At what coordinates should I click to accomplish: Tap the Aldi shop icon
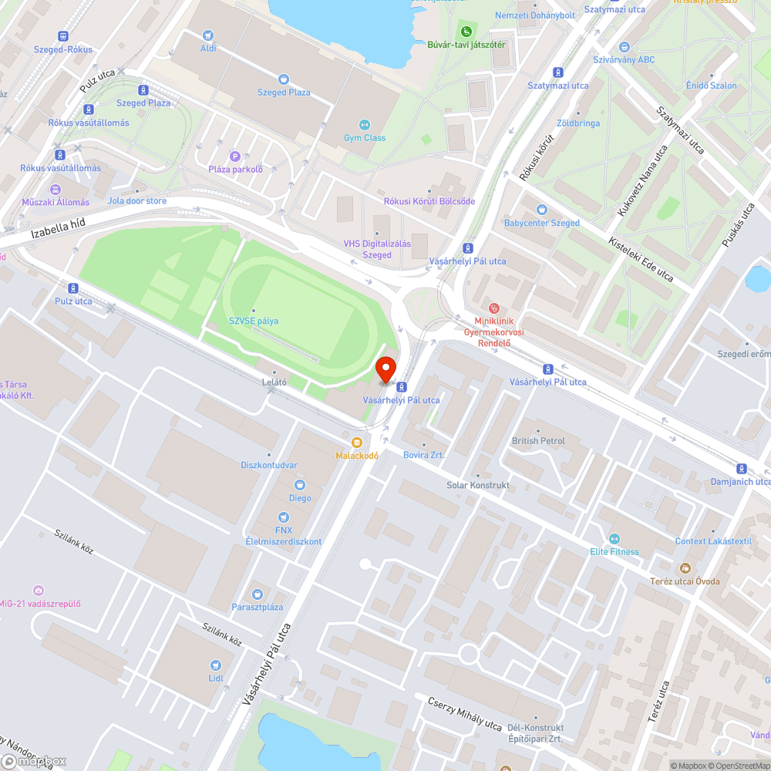pyautogui.click(x=208, y=35)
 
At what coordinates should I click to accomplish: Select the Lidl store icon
pyautogui.click(x=216, y=665)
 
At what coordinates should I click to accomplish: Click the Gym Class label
pyautogui.click(x=365, y=138)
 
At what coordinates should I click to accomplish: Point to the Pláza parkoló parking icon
pyautogui.click(x=235, y=156)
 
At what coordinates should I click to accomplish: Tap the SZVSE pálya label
pyautogui.click(x=254, y=321)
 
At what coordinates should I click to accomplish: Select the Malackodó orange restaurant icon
pyautogui.click(x=356, y=443)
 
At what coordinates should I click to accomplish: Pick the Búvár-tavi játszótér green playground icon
pyautogui.click(x=466, y=32)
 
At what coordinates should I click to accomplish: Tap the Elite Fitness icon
pyautogui.click(x=614, y=539)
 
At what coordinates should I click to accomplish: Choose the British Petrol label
pyautogui.click(x=538, y=441)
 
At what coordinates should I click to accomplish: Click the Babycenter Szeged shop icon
pyautogui.click(x=541, y=210)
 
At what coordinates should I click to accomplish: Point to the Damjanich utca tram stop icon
pyautogui.click(x=741, y=468)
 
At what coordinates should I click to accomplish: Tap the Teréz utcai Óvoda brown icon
pyautogui.click(x=684, y=568)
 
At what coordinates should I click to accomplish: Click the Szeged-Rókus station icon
pyautogui.click(x=62, y=36)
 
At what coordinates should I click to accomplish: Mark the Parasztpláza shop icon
pyautogui.click(x=258, y=594)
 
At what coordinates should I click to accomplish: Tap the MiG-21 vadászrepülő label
pyautogui.click(x=40, y=604)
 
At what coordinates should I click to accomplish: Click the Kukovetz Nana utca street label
pyautogui.click(x=641, y=182)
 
